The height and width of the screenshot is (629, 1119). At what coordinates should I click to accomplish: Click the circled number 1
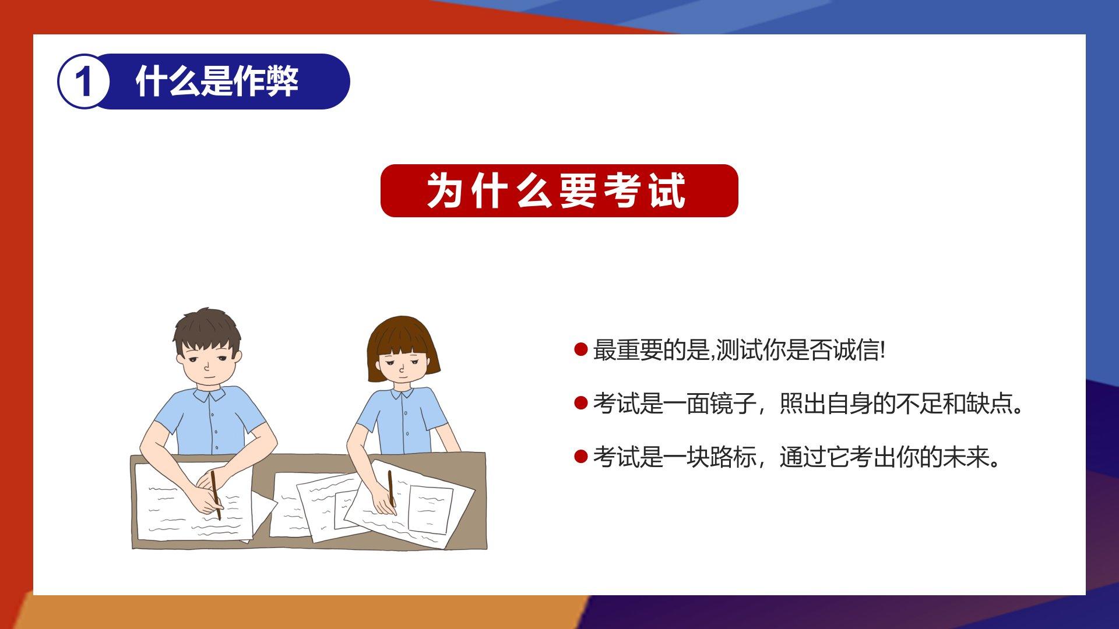(x=83, y=82)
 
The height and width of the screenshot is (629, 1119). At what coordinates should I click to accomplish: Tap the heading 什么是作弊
(x=217, y=81)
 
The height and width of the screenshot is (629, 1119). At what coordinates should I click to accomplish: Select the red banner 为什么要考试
(x=559, y=190)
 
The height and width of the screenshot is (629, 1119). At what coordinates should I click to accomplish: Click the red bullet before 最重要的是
(x=580, y=349)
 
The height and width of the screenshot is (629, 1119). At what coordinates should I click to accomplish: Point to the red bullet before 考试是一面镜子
(x=580, y=402)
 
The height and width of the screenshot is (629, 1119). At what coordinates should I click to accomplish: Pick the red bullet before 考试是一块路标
(x=580, y=456)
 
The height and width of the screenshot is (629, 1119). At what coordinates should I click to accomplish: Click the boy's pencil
(x=216, y=494)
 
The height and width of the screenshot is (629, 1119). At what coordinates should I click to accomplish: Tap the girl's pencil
(x=392, y=489)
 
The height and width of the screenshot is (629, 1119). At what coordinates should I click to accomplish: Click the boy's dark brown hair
(x=207, y=332)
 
